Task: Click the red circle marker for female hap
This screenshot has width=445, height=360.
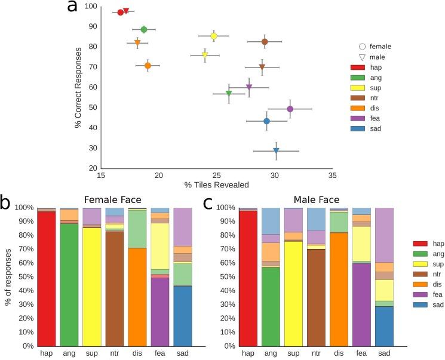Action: tap(120, 12)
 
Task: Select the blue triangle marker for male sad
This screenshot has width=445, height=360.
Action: tap(276, 150)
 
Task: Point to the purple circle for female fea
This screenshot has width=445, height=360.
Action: tap(290, 109)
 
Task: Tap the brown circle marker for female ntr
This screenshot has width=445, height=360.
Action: tap(265, 41)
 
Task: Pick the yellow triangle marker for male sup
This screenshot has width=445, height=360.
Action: tap(205, 55)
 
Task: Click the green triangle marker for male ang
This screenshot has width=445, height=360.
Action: tap(229, 93)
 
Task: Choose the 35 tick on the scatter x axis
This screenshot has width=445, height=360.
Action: tap(332, 176)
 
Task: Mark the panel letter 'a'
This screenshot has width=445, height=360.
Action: tap(72, 7)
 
